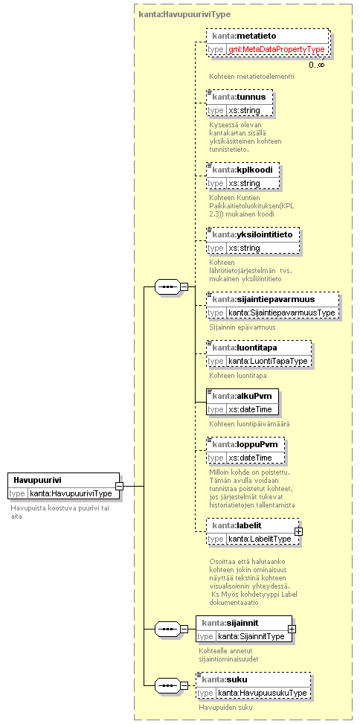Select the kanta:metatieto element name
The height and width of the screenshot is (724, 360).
tap(244, 35)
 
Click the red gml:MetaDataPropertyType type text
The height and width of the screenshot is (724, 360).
tap(277, 49)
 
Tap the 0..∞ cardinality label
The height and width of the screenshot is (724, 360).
tap(317, 65)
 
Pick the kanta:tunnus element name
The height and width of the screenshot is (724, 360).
tap(239, 97)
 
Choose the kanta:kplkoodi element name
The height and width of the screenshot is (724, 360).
tap(242, 170)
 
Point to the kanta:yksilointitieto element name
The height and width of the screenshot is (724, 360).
tap(252, 234)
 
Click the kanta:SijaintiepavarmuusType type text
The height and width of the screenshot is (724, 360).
tap(282, 313)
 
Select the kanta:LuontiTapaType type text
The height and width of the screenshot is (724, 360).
tap(268, 361)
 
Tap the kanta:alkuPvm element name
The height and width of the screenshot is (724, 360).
tap(242, 395)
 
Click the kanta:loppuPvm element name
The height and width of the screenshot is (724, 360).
tap(245, 444)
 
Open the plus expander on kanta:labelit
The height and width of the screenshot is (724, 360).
tap(298, 531)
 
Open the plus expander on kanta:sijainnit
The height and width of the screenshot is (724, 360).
tap(292, 629)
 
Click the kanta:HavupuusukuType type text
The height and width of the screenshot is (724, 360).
tap(262, 693)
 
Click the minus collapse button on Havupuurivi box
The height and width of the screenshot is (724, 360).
tap(119, 486)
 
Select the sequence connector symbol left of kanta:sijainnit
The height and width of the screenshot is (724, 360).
tap(166, 629)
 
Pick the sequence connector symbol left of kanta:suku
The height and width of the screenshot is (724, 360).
tap(166, 685)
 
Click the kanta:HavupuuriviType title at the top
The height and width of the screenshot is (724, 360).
tap(184, 14)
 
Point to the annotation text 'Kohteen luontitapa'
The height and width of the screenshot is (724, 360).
tap(238, 375)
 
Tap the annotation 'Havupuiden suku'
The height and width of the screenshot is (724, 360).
tap(225, 707)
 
